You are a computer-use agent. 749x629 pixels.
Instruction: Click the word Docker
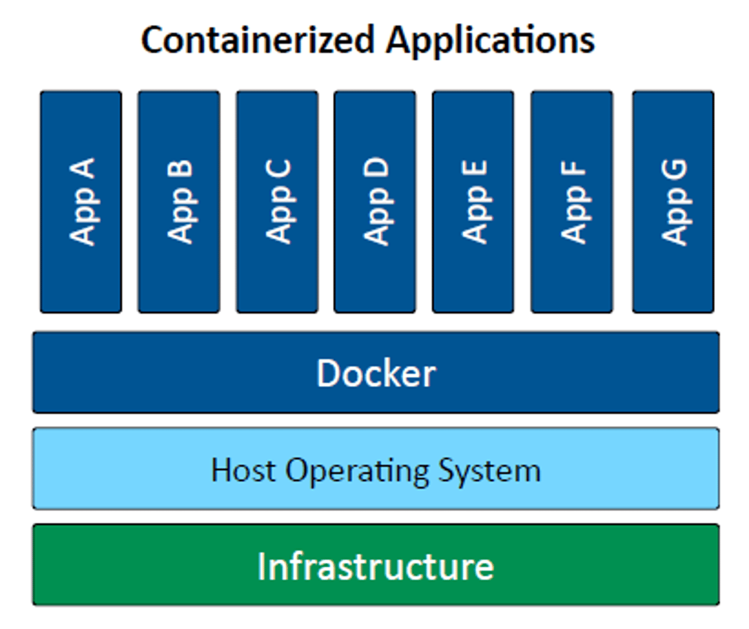(x=376, y=373)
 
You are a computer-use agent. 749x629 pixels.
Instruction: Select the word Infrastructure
(x=375, y=566)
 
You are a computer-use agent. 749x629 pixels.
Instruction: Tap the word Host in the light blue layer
(x=243, y=470)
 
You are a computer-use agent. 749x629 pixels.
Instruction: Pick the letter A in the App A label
(x=82, y=169)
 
